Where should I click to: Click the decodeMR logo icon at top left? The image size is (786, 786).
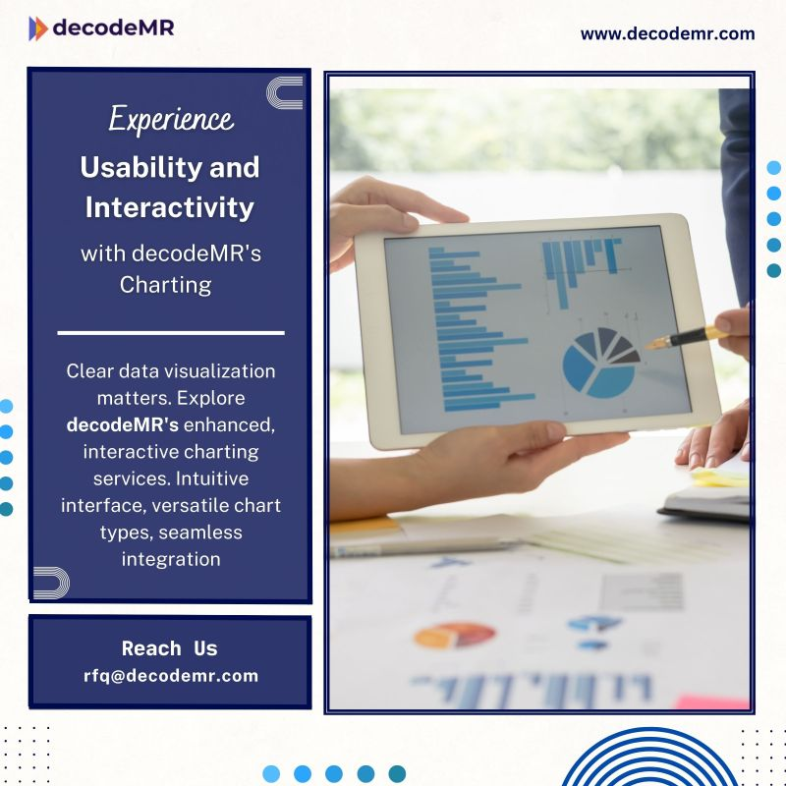38,28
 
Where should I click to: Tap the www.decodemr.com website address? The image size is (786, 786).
667,33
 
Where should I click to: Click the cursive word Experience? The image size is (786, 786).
171,120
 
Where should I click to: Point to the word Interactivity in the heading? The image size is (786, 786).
170,207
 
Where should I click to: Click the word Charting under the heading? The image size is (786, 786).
165,285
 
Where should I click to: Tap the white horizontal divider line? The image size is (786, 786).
170,333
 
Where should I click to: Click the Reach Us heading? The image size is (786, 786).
169,648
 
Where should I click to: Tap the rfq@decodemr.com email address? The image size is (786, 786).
170,675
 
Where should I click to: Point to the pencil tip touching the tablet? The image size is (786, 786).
649,345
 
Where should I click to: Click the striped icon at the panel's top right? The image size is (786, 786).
285,92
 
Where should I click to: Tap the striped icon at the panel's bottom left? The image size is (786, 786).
51,582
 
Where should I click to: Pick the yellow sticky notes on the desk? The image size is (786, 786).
719,478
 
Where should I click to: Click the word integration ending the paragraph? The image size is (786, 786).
170,559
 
